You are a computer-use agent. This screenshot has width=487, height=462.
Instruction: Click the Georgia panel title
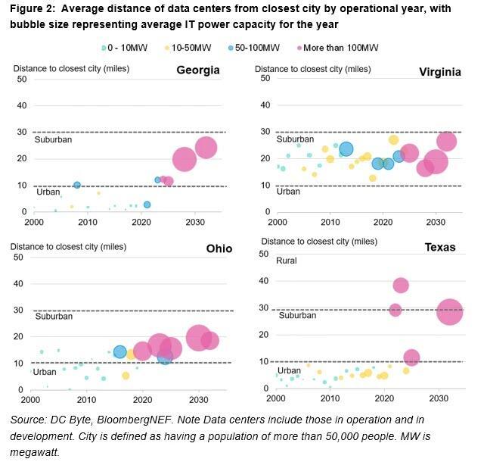(197, 70)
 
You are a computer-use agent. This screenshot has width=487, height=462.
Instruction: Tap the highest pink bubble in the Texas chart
(401, 285)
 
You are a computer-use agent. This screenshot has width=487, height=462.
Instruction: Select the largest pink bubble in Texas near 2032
(450, 311)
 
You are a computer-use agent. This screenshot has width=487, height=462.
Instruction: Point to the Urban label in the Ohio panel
(44, 372)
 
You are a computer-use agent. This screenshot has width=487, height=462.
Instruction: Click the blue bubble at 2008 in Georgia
(77, 185)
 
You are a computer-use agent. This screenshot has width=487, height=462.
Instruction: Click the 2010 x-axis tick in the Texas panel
(330, 398)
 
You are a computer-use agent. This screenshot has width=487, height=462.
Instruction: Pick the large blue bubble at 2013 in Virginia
(346, 149)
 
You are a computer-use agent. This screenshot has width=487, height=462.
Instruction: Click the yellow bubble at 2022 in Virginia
(393, 139)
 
